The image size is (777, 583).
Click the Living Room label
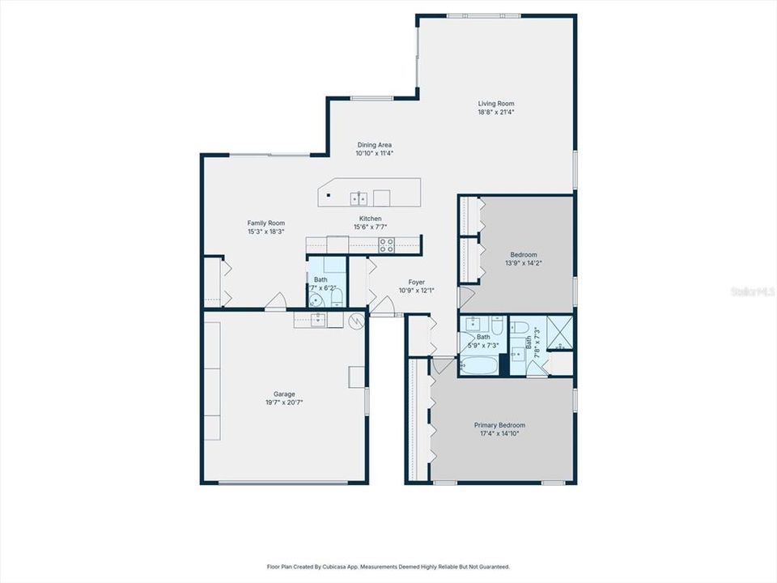(x=496, y=104)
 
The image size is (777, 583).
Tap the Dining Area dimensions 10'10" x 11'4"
(x=374, y=153)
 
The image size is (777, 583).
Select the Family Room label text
(x=265, y=223)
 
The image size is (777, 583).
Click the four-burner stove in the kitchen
(x=387, y=245)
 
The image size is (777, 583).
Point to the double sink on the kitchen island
(x=360, y=197)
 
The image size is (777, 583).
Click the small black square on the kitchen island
(x=329, y=195)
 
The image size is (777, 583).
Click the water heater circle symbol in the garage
(x=355, y=321)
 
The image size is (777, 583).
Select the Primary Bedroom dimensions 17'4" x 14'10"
(x=499, y=433)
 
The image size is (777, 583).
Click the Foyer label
(x=416, y=282)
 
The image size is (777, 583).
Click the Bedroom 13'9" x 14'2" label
(x=523, y=254)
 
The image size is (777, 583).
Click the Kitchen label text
(x=370, y=219)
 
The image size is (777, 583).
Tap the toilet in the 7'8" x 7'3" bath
(x=523, y=327)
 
